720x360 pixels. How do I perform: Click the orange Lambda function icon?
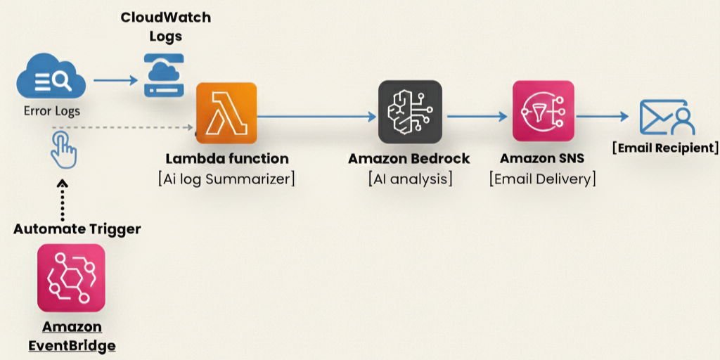(x=226, y=112)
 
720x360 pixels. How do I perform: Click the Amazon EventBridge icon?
(x=71, y=278)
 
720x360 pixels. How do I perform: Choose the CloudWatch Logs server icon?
(x=165, y=75)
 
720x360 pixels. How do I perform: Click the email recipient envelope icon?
(x=667, y=117)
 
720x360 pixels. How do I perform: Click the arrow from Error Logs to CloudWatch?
(x=115, y=81)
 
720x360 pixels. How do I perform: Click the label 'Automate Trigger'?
(x=77, y=229)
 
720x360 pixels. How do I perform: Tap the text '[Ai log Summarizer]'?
(x=226, y=179)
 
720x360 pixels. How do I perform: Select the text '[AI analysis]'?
(x=410, y=179)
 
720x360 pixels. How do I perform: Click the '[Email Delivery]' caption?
(x=542, y=179)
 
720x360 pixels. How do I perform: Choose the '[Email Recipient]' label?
(x=666, y=148)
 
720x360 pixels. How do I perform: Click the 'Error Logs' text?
(x=52, y=111)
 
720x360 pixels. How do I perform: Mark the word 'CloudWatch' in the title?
(x=165, y=17)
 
